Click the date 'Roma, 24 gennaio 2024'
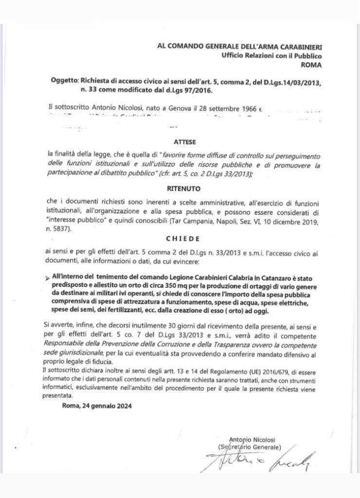(97, 405)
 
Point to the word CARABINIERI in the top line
(296, 47)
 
